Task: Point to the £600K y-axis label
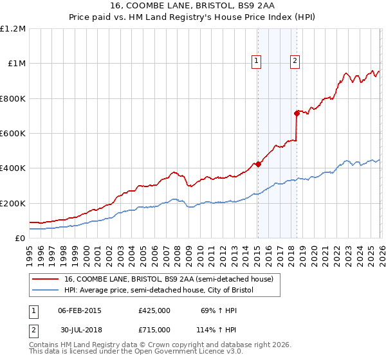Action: point(13,134)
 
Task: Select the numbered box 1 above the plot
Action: point(257,61)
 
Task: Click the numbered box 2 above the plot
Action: point(295,61)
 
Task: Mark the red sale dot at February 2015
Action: point(257,164)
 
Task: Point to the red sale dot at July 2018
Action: point(297,113)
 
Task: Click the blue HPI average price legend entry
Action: point(159,291)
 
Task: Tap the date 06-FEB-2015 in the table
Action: point(80,310)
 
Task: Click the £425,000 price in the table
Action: point(154,310)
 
